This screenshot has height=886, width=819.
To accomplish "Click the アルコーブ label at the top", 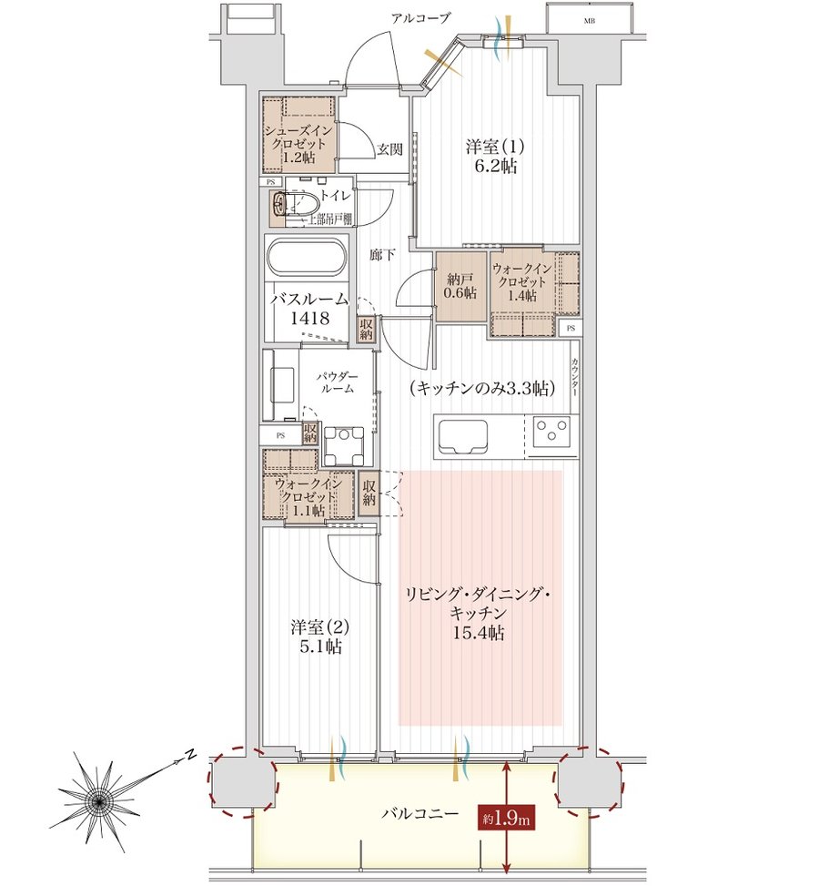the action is (x=420, y=18).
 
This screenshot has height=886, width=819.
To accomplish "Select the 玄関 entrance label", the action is (x=389, y=149).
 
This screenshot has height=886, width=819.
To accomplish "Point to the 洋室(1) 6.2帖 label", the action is (x=495, y=157).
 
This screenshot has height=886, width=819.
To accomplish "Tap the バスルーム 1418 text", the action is (x=309, y=309).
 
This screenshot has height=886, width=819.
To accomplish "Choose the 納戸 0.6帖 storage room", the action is (x=460, y=286).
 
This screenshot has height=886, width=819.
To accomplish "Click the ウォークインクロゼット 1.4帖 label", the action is (x=521, y=281).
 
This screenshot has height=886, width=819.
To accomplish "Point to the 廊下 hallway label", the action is (x=382, y=255).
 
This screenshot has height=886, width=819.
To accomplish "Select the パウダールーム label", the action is (x=337, y=382).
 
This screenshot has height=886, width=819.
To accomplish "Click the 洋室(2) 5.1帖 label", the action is (x=319, y=636).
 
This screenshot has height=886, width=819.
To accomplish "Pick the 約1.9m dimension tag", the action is (x=506, y=819).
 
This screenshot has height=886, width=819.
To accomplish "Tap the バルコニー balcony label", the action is (x=420, y=814).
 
